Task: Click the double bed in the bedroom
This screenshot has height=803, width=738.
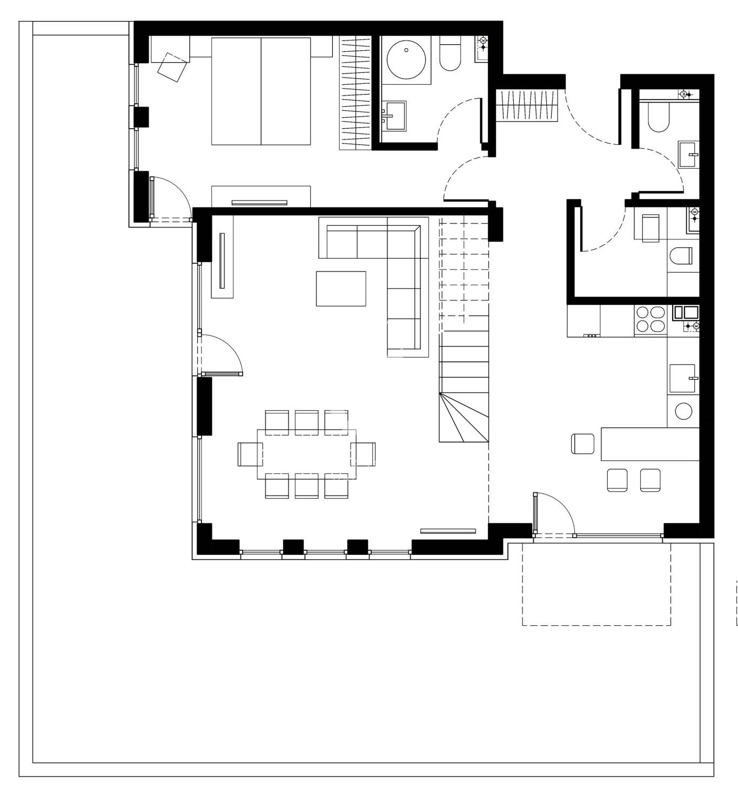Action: click(261, 91)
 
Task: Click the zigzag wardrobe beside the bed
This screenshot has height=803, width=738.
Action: click(355, 92)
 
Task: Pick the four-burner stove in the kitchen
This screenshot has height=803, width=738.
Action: click(650, 319)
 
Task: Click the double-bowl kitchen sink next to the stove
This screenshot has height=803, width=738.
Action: click(685, 312)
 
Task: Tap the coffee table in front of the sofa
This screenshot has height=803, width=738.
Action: click(341, 289)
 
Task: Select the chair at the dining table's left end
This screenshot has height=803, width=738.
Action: click(250, 454)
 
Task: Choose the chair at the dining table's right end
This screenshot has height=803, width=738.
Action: click(364, 454)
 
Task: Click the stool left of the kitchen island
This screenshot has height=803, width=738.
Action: click(582, 444)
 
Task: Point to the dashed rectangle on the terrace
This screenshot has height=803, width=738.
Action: click(596, 584)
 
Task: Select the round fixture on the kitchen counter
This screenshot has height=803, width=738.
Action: click(683, 411)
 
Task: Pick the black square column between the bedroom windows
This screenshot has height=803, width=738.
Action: click(141, 117)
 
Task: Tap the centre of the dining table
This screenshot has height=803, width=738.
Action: click(307, 454)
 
